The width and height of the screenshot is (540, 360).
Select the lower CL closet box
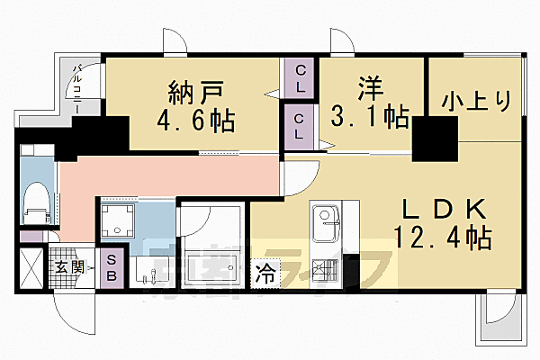click(300, 124)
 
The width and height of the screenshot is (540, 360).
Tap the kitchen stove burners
click(325, 269)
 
